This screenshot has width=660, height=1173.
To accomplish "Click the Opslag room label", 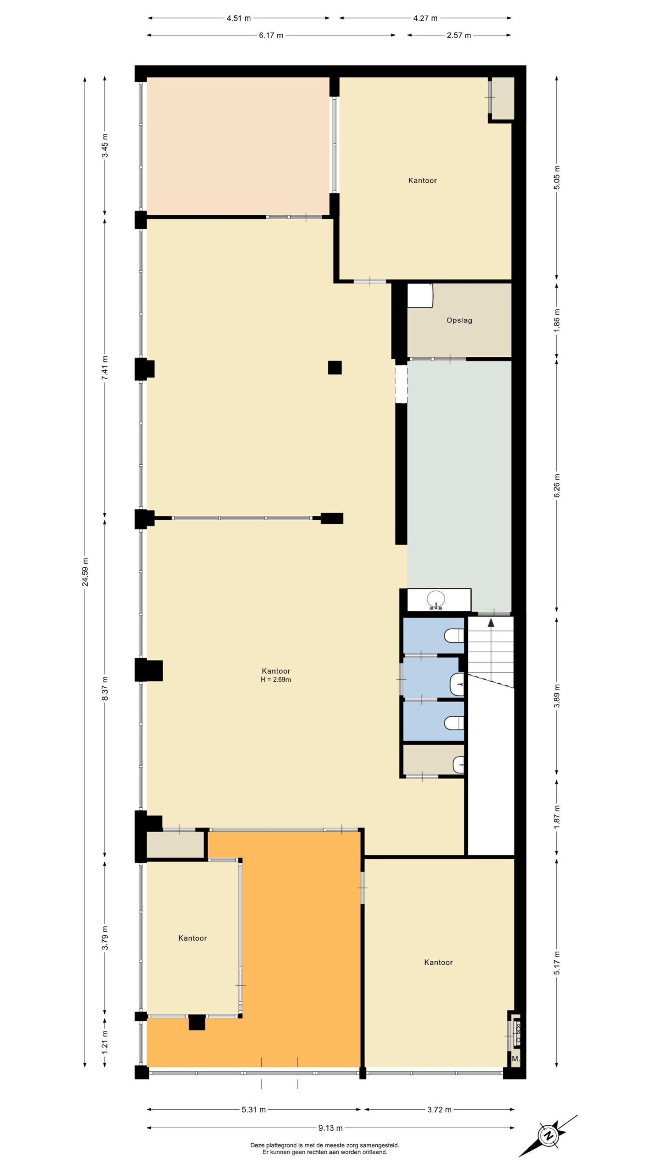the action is [x=459, y=320].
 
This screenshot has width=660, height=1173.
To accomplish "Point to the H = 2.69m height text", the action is [x=276, y=680].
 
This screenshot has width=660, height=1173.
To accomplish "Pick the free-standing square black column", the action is [x=335, y=367].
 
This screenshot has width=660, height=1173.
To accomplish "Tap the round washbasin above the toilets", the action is [x=436, y=599].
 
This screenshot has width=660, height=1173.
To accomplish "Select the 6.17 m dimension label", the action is [x=271, y=35].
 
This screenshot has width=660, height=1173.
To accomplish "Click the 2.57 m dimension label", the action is [x=459, y=35].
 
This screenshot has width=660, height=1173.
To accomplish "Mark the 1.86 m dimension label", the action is [x=557, y=321].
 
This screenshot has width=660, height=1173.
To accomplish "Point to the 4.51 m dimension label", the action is [x=239, y=18].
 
